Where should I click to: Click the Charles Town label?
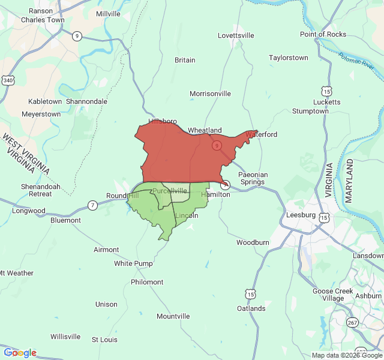43,20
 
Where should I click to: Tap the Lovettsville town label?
236,35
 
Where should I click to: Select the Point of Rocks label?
323,34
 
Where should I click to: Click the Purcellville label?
170,190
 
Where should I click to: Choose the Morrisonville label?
210,94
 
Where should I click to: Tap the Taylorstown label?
289,58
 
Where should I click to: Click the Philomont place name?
147,282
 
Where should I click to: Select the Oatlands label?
251,308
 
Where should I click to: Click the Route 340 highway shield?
8,80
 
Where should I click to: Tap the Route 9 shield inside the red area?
217,146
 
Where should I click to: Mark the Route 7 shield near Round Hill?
92,205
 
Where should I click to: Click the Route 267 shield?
352,323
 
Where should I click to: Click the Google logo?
20,353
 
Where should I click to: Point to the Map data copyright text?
346,355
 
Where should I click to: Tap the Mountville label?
173,316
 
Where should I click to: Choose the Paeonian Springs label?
253,178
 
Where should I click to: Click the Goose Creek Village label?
332,295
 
